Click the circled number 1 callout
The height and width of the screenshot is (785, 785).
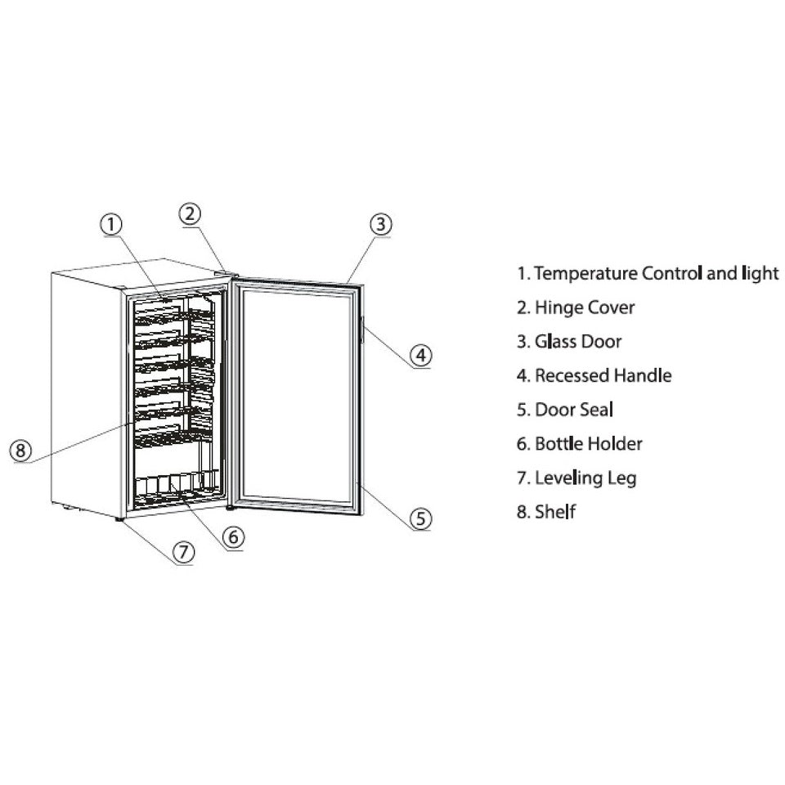tap(111, 223)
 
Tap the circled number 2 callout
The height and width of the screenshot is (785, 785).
tap(190, 213)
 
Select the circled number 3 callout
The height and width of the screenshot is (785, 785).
tap(379, 223)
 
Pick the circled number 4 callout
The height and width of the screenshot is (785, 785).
tap(419, 355)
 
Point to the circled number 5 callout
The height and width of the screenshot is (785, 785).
tap(419, 518)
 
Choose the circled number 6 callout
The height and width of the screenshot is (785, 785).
tap(232, 536)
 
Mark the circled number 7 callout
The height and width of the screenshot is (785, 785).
tap(183, 552)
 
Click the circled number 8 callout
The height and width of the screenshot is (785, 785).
tap(21, 449)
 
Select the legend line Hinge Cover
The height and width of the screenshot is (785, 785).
tap(576, 307)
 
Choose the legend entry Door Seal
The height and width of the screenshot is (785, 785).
tap(565, 410)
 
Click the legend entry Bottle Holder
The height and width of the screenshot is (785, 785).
tap(580, 444)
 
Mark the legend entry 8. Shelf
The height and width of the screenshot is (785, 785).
tap(546, 513)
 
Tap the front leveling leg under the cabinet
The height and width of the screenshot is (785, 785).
tap(122, 519)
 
